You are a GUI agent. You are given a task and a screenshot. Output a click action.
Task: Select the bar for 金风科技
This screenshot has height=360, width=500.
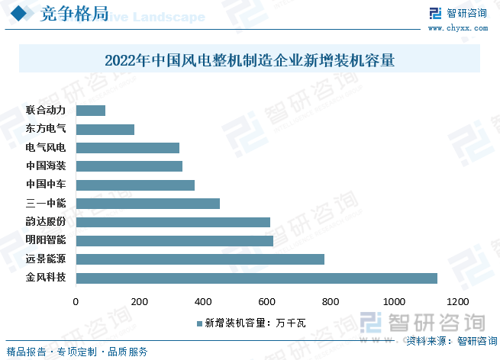[256, 278]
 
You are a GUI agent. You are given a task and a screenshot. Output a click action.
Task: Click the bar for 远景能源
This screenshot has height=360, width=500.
[200, 259]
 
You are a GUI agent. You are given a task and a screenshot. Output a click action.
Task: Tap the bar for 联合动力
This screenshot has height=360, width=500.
[91, 111]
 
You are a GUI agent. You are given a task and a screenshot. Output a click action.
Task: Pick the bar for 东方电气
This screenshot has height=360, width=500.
[105, 130]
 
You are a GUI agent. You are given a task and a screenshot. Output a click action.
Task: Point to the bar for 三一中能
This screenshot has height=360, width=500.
[148, 204]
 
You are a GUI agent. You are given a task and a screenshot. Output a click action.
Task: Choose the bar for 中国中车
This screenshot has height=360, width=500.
[135, 185]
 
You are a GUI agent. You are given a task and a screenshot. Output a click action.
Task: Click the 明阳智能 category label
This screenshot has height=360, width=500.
[46, 240]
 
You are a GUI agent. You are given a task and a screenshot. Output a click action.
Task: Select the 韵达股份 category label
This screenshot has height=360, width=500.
[46, 222]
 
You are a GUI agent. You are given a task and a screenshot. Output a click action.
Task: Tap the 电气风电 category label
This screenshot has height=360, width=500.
[46, 148]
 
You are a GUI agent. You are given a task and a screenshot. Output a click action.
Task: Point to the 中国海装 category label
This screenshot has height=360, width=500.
[46, 166]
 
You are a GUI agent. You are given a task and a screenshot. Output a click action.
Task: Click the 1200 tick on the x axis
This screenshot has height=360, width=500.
[458, 302]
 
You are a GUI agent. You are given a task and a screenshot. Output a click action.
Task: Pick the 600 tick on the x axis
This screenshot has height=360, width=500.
[267, 302]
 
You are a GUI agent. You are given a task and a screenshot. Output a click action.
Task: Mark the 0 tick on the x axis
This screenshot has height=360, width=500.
[76, 302]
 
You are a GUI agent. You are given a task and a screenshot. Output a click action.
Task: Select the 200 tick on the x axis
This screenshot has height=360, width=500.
[140, 302]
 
